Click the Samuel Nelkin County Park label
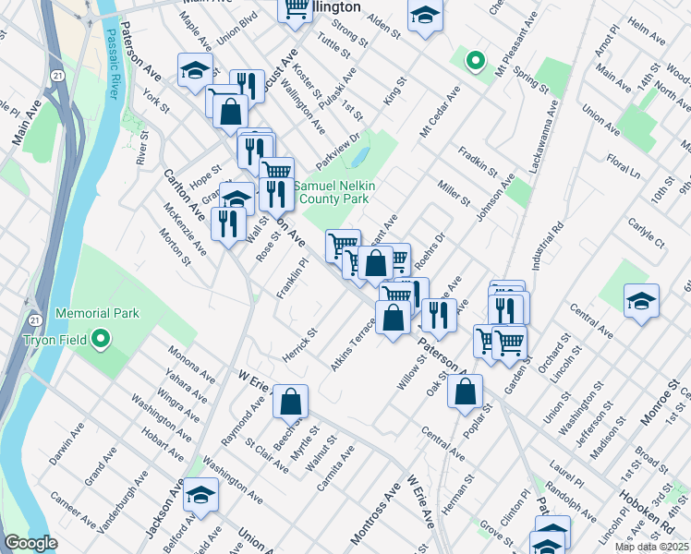coord(332,192)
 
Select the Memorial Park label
coord(97,314)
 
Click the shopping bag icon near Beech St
coord(290,403)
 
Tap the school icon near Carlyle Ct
coord(641,301)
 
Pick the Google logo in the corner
coord(30,544)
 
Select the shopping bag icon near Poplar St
coord(465,391)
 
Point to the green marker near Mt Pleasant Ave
coord(475,62)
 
